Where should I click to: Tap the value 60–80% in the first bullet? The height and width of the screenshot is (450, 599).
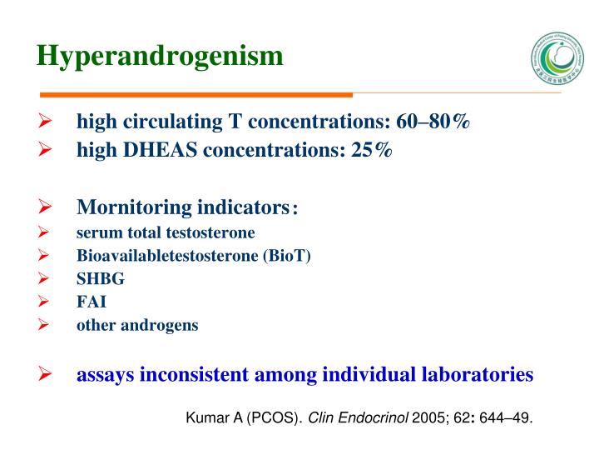(x=433, y=122)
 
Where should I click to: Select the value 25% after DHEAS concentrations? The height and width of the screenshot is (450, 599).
(x=372, y=150)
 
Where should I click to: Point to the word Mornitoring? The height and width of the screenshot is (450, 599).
(x=134, y=206)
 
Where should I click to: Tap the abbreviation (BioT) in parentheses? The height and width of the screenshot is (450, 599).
(x=287, y=256)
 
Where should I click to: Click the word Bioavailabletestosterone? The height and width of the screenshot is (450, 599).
(x=167, y=256)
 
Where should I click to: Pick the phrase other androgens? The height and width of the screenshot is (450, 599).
(x=137, y=326)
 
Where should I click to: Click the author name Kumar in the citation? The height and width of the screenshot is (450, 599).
(x=205, y=417)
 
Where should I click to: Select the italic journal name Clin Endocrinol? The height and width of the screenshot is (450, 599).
(x=359, y=417)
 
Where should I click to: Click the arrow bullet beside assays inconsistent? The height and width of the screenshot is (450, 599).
(x=46, y=375)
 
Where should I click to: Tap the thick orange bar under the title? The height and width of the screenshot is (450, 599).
(x=196, y=94)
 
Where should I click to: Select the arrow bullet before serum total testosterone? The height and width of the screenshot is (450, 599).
(x=46, y=232)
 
